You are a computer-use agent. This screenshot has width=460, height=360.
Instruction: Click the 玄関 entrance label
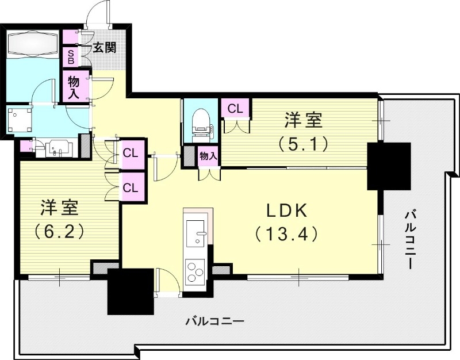pyautogui.click(x=105, y=47)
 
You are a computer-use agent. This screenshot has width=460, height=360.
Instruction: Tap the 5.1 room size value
pyautogui.click(x=304, y=143)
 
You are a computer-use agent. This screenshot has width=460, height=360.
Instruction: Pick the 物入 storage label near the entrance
pyautogui.click(x=74, y=86)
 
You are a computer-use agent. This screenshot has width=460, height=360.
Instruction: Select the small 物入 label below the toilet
pyautogui.click(x=208, y=155)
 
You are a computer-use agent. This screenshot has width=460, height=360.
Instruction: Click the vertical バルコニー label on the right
pyautogui.click(x=410, y=238)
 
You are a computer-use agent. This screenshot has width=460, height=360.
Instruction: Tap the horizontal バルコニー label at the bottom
pyautogui.click(x=214, y=321)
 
